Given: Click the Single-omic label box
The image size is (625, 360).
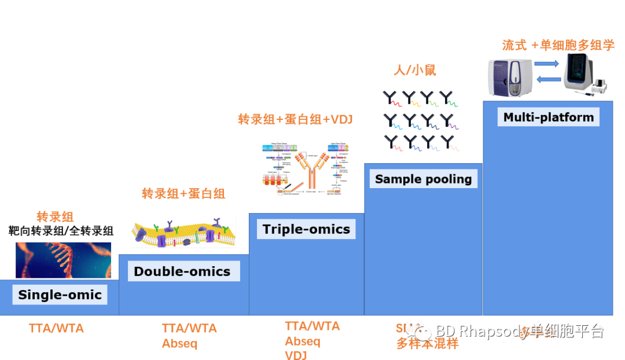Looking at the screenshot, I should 60,295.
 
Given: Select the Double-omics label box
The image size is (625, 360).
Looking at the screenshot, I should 182,271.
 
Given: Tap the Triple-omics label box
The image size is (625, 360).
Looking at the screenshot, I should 306,229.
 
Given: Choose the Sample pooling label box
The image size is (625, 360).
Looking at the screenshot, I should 423,179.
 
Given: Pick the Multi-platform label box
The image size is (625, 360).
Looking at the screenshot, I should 548,117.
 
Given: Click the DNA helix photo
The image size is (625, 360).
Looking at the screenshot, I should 63,260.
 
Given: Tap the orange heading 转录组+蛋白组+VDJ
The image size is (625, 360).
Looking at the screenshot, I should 295,120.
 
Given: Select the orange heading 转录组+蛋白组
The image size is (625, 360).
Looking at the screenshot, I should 183,194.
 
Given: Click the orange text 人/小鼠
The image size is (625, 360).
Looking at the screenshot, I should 414,71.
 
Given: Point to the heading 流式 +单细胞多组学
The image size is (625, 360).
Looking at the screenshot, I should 558,45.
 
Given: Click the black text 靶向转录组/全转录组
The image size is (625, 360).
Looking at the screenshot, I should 61,231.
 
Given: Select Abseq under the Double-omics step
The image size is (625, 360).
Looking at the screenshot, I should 179,343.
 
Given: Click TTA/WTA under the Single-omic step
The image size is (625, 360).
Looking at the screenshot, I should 56,328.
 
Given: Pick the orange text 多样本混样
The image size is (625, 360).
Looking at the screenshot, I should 427,343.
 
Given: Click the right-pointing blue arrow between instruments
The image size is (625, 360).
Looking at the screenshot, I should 547,64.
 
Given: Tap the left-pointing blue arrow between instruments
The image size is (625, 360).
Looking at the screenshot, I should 547,79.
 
